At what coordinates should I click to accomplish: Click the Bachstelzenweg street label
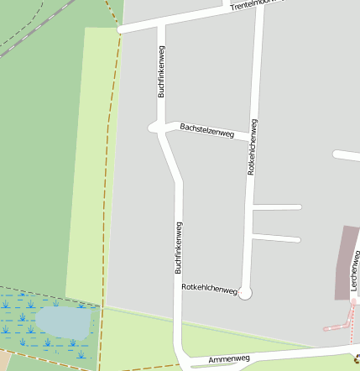206,130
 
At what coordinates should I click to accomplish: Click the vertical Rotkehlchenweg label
252,147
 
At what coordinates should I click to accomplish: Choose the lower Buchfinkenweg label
178,248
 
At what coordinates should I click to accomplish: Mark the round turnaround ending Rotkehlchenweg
245,293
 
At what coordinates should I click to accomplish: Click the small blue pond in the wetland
62,319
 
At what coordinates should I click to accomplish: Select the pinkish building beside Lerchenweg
345,260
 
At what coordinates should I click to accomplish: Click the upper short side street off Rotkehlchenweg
276,206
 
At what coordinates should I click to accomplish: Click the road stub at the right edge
347,155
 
